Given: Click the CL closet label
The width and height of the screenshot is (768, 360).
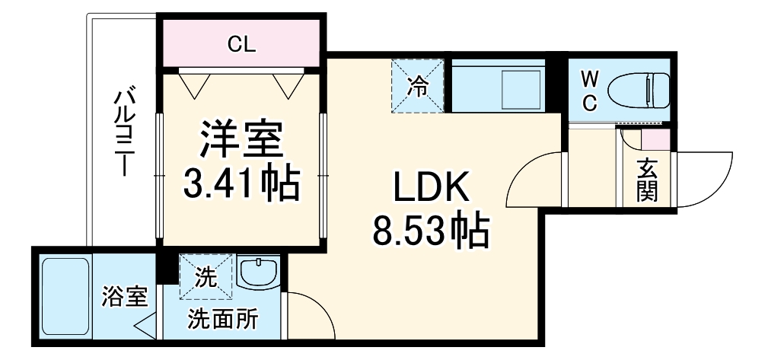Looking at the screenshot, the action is [x=243, y=44].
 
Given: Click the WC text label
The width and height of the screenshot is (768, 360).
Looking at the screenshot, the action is [x=590, y=91].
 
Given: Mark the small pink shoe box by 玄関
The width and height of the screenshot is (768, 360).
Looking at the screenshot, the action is [x=656, y=140].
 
